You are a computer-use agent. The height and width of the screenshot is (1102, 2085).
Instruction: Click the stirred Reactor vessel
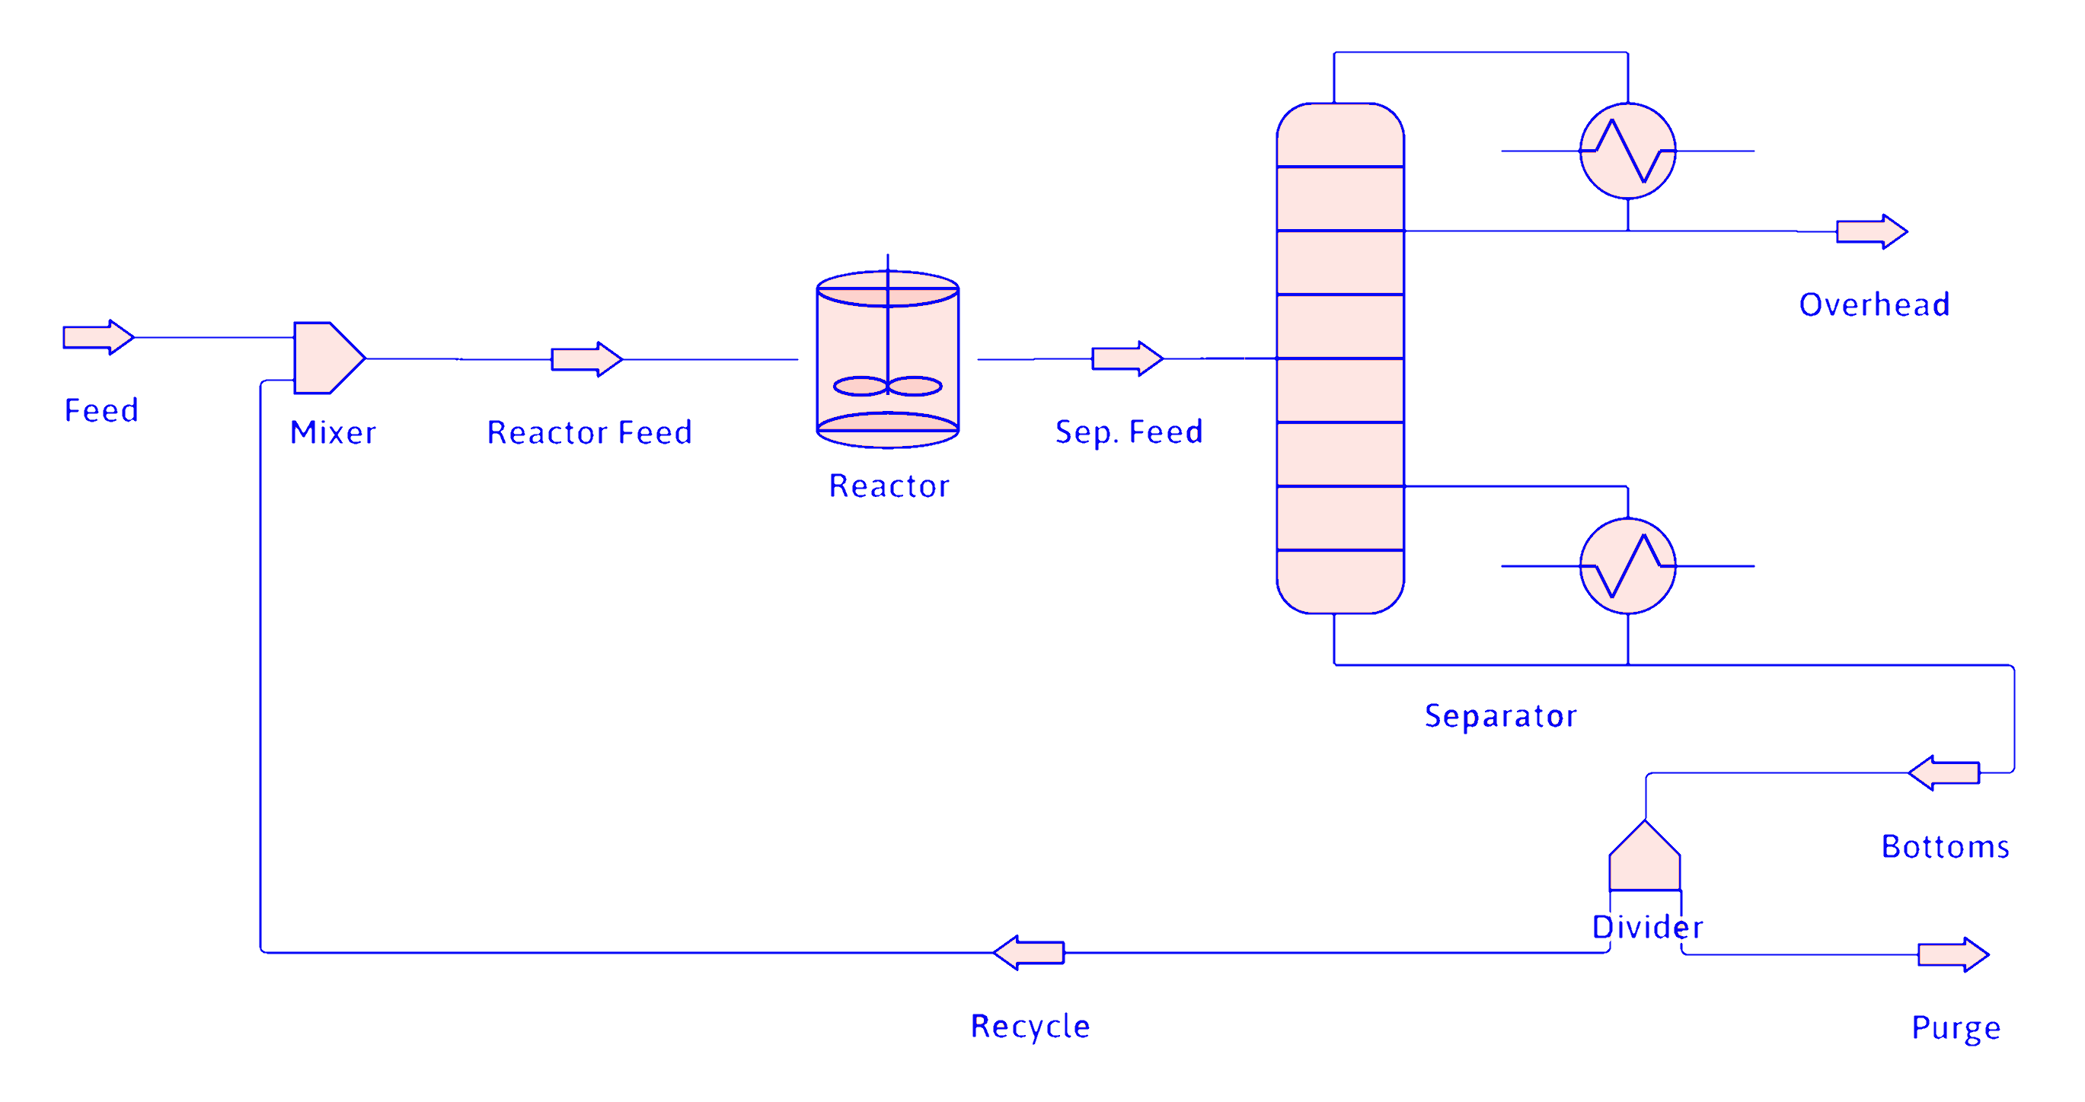tap(888, 340)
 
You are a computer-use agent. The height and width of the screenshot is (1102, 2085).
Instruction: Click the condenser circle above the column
tap(1627, 151)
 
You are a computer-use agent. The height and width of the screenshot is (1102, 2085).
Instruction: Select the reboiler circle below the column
tap(1627, 565)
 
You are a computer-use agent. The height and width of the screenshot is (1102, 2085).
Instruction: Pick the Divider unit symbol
tap(1645, 859)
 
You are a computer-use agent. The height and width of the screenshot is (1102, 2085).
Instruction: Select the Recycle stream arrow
tap(1029, 953)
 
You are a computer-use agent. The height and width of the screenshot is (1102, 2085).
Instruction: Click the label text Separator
tap(1501, 716)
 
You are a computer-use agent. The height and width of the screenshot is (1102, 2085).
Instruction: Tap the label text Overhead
tap(1874, 305)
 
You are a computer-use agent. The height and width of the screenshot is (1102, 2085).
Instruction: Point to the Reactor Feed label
tap(589, 433)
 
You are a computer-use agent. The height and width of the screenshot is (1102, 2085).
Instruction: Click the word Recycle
tap(1030, 1027)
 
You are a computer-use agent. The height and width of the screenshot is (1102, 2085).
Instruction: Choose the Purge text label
tap(1956, 1027)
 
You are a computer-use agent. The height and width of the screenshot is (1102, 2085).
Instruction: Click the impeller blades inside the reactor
tap(888, 387)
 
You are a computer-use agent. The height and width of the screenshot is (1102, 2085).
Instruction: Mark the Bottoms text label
tap(1945, 847)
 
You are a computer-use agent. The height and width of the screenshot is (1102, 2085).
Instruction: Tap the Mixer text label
tap(333, 433)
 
